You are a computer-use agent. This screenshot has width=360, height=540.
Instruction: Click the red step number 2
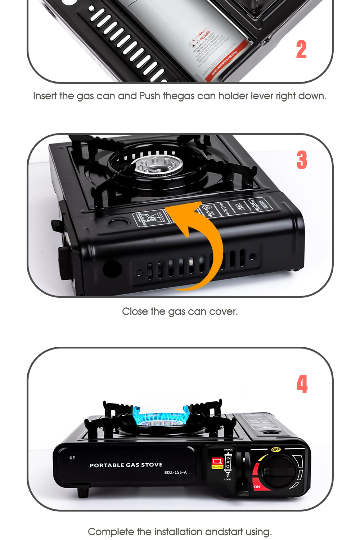(301, 50)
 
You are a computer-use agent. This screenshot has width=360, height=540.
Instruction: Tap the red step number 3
(302, 160)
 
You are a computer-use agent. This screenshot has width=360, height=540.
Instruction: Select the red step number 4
(302, 384)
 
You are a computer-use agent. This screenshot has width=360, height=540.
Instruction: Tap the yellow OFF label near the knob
(276, 450)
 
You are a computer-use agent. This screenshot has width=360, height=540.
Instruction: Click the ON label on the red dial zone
(257, 487)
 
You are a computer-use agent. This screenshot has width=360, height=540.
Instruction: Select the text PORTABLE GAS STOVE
(126, 465)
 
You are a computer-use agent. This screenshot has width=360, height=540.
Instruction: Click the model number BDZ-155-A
(175, 472)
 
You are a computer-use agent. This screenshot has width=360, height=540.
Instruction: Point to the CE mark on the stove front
(72, 458)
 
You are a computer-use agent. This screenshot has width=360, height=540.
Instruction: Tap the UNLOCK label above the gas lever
(228, 450)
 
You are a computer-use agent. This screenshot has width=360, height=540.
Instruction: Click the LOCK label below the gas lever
(228, 480)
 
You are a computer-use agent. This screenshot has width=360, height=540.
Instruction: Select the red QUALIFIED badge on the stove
(217, 463)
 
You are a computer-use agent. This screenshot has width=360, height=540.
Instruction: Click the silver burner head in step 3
(158, 166)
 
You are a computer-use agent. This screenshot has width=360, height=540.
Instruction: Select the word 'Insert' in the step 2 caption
(45, 96)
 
